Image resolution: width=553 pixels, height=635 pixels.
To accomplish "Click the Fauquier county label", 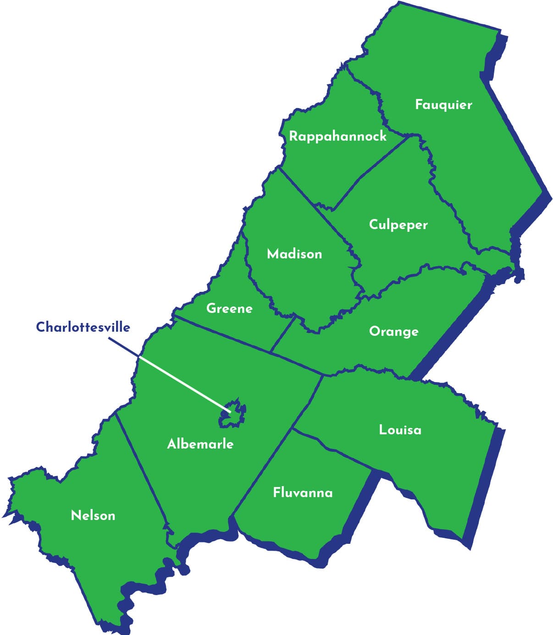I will click(x=443, y=105).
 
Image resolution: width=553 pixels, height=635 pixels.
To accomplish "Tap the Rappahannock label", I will click(x=337, y=137).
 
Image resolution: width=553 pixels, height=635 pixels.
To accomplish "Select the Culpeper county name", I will click(x=398, y=224).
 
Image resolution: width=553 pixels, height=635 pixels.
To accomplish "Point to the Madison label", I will click(x=294, y=254).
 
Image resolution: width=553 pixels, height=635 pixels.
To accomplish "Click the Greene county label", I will click(x=229, y=308).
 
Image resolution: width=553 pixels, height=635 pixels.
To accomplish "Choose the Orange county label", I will click(x=393, y=331).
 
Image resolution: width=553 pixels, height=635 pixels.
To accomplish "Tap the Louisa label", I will click(x=400, y=430).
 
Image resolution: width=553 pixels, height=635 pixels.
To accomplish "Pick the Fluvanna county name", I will click(x=303, y=493).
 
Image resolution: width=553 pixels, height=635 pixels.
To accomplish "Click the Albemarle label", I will click(x=200, y=444).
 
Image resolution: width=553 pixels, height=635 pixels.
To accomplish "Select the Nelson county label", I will click(x=93, y=515).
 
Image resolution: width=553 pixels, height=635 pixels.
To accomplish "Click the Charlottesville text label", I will click(x=83, y=327).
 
